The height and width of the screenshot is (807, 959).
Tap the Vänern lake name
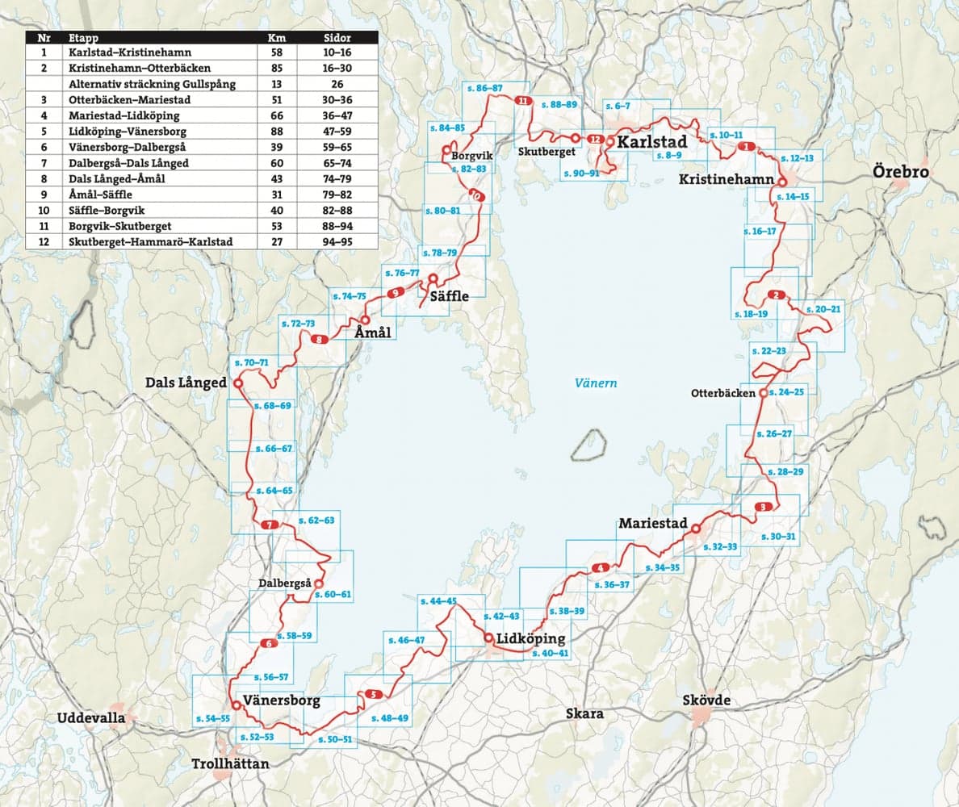click(x=597, y=383)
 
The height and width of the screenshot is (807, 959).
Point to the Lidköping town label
click(x=531, y=638)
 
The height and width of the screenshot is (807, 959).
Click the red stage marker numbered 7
click(x=270, y=526)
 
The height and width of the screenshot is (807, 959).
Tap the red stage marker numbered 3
click(x=764, y=507)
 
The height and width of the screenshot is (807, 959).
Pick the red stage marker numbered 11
click(x=521, y=101)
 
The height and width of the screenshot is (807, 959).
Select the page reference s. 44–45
click(x=438, y=601)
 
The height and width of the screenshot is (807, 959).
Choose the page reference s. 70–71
click(x=250, y=363)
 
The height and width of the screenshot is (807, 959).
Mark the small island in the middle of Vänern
click(x=588, y=444)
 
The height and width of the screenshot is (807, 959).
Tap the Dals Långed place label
click(x=186, y=383)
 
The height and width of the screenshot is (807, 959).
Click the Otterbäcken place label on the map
click(x=722, y=394)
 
